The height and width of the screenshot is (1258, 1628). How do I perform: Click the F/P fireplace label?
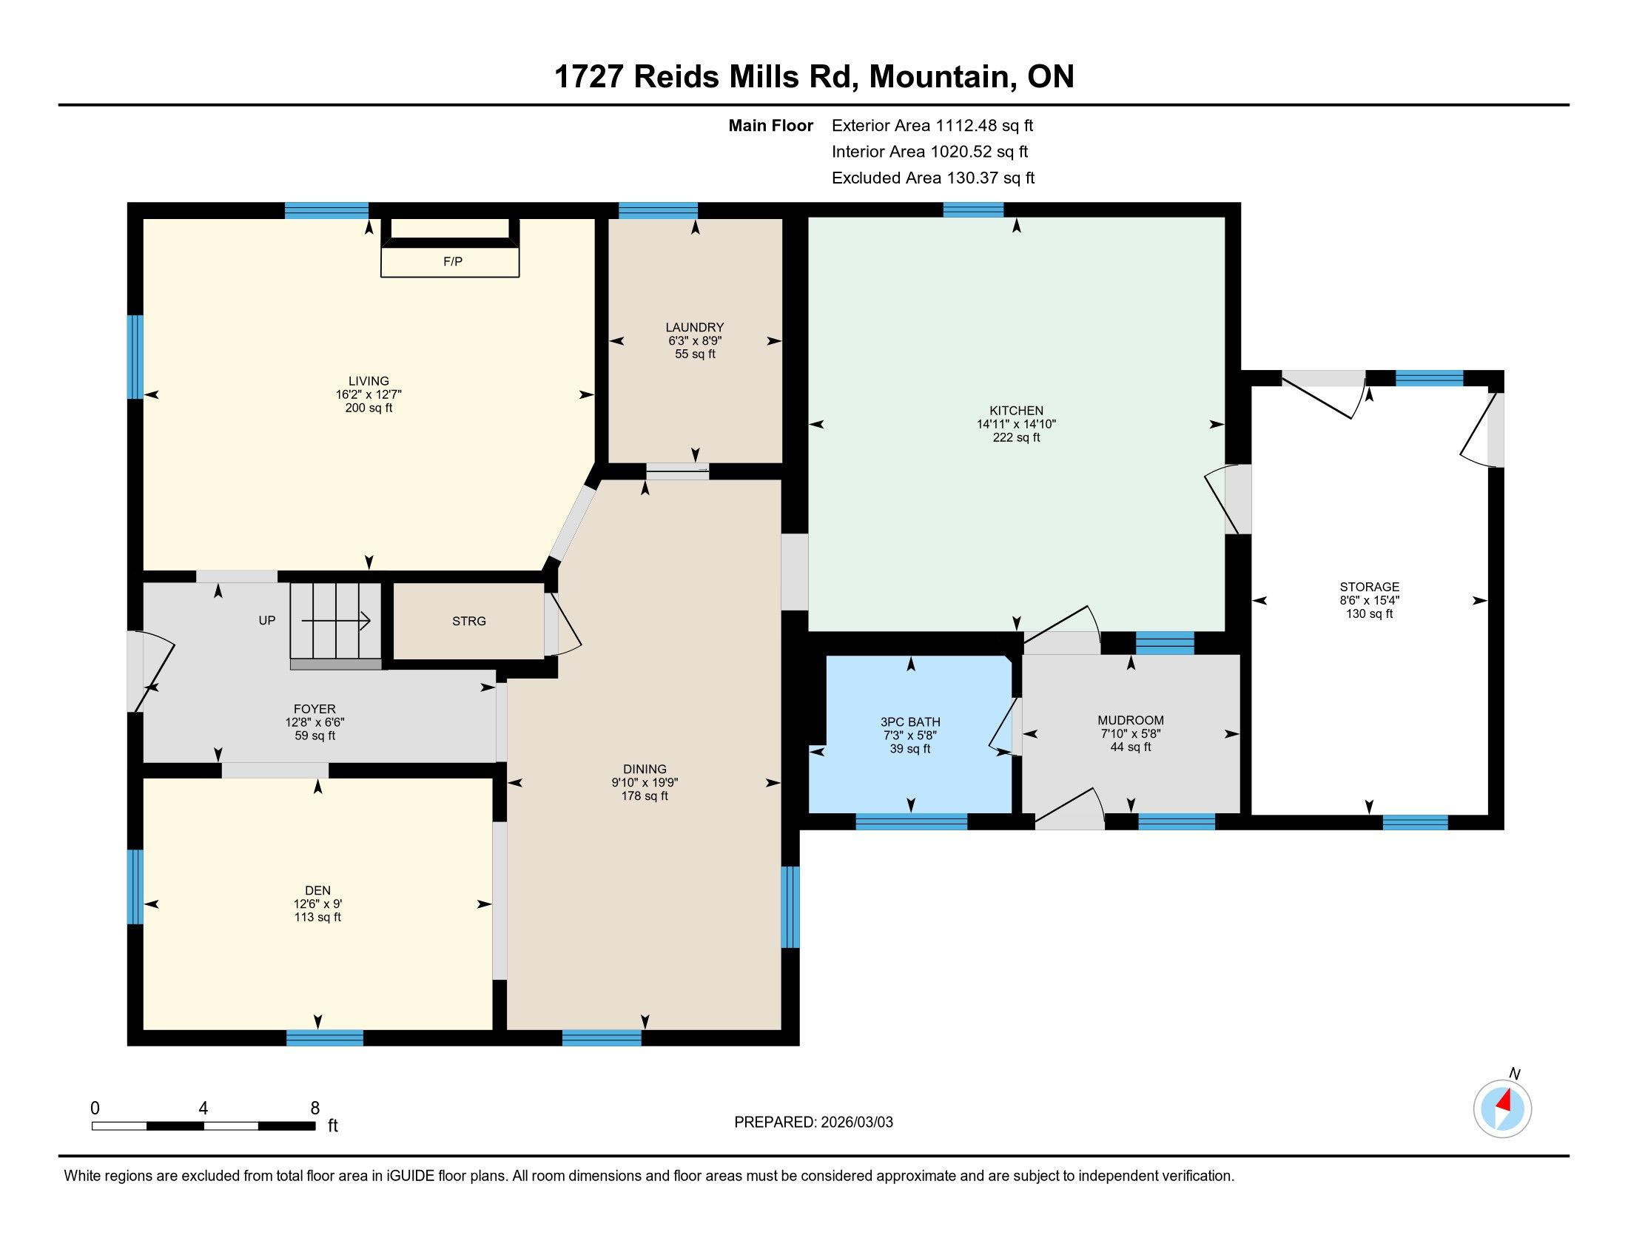[x=452, y=261]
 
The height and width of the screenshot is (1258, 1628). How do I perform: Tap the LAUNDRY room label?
[x=695, y=327]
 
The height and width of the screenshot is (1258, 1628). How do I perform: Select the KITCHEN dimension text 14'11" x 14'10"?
[x=1016, y=424]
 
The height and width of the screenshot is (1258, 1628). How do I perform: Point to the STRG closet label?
[x=469, y=621]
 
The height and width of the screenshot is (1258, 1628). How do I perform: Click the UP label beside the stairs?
[x=267, y=620]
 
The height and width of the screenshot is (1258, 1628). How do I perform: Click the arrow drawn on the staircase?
[x=342, y=620]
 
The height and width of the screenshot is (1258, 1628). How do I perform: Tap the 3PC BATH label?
[x=910, y=721]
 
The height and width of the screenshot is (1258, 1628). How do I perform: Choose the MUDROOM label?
[x=1130, y=720]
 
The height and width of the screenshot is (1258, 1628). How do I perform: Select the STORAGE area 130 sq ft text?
[x=1369, y=614]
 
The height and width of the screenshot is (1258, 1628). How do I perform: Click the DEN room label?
[x=317, y=890]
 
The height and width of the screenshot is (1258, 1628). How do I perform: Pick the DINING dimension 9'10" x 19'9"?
[x=645, y=782]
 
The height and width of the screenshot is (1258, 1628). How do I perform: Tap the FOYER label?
[x=314, y=709]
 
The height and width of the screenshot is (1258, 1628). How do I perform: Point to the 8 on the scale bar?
[x=314, y=1109]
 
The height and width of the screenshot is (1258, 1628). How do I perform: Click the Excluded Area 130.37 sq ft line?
[x=933, y=178]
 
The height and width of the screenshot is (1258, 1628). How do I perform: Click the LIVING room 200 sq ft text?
[x=369, y=408]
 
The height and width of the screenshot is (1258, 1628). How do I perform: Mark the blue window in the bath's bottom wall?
[x=912, y=821]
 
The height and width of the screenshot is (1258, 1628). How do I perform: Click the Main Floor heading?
[x=771, y=126]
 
